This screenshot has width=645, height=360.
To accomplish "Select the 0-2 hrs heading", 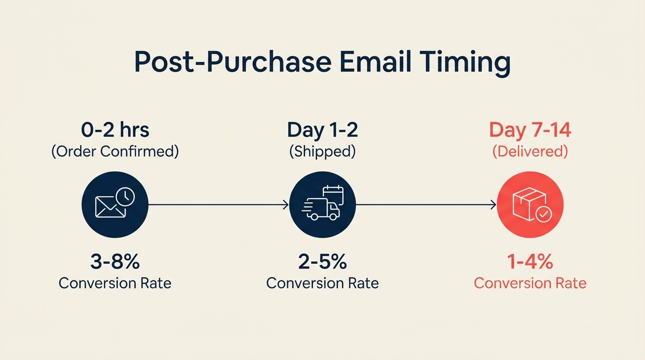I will coord(115,130).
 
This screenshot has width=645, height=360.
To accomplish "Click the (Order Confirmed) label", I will coord(115,152).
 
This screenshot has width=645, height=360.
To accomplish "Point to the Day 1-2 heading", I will coord(322,130).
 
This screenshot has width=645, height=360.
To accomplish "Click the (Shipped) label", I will coord(322,152).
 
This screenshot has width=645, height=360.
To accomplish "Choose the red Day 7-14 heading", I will coord(530,130).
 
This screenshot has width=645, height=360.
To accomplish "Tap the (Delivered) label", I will coord(530,152).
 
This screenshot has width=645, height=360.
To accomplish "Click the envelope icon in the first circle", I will coord(110,207).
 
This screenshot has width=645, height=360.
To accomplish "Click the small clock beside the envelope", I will coord(125,197).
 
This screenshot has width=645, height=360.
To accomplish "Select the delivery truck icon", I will coord(322,210).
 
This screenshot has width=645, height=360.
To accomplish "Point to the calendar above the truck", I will coord(333,195).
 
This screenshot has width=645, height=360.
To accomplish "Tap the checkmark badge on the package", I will coord(544,215).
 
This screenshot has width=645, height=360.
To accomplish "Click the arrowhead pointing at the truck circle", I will coord(285,204).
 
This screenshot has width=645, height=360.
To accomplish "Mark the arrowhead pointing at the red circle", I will coord(493,204).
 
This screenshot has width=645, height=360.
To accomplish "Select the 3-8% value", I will coord(115,262).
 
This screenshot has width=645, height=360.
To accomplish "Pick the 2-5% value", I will coord(322,262).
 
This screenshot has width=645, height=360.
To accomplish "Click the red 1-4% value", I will coord(530,262).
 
